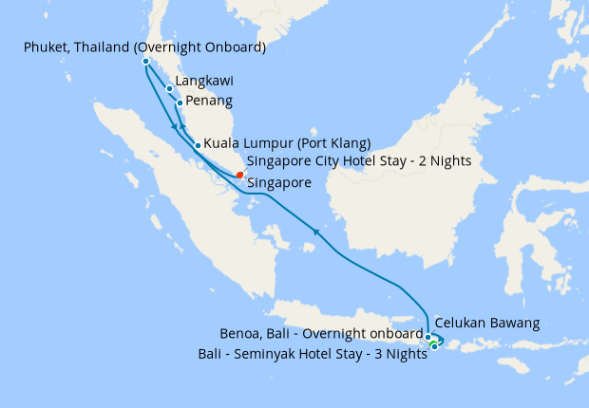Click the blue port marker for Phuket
point(145,62)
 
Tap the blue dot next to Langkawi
point(170,89)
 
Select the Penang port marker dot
point(180,102)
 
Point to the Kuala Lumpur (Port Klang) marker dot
point(198,145)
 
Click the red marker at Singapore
point(239,174)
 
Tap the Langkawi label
point(205,82)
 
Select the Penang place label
point(209,101)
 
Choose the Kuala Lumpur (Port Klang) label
point(287,144)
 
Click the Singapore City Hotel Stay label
point(358,161)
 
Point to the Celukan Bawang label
point(487,324)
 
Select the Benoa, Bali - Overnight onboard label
point(321,335)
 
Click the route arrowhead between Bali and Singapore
point(314,231)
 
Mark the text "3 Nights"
point(396,354)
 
